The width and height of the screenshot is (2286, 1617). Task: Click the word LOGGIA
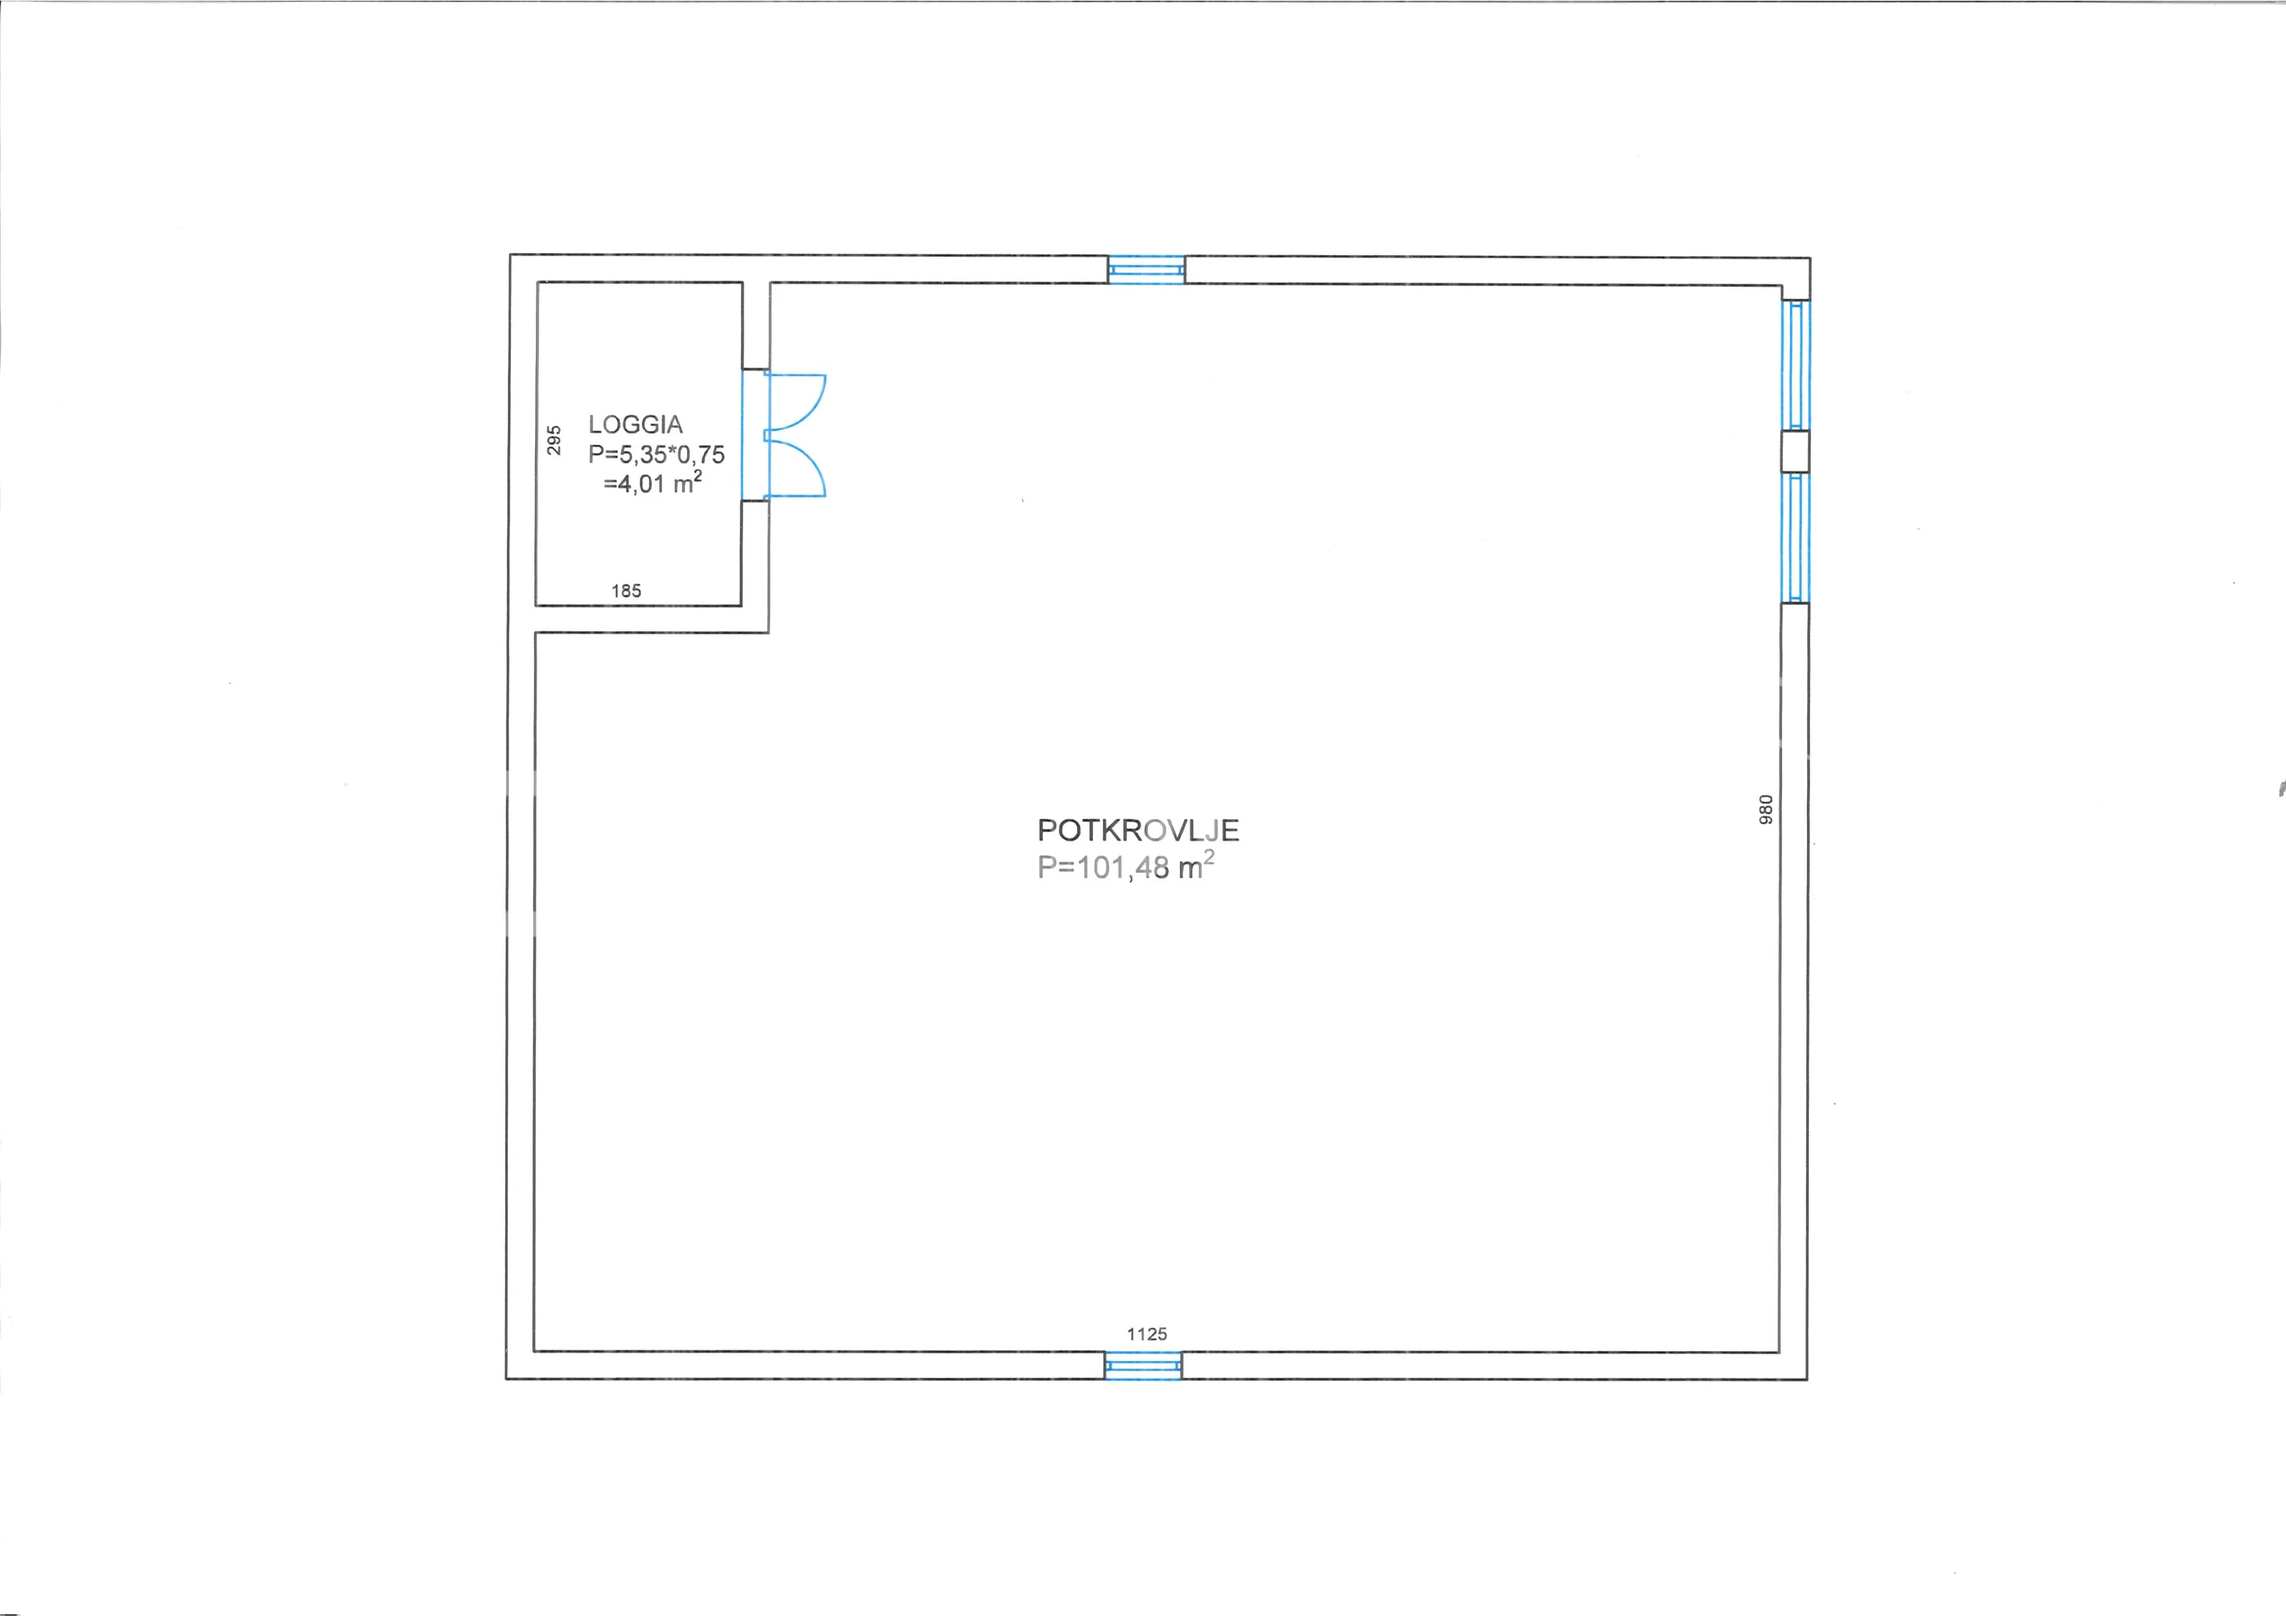tap(636, 424)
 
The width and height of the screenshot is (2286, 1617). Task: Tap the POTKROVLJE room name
tap(1138, 831)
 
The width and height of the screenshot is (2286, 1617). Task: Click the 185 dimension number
tap(626, 591)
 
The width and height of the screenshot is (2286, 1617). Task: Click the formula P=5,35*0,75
tap(657, 455)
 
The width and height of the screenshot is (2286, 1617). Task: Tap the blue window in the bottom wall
tap(1143, 1365)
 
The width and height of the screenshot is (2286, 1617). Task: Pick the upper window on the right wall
tap(1796, 365)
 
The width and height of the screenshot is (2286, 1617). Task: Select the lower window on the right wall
tap(1796, 538)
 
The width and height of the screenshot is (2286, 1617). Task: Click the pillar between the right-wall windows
tap(1796, 452)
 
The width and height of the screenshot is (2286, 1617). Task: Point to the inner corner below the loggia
tap(769, 632)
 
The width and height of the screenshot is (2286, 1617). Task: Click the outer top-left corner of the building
tap(510, 255)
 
